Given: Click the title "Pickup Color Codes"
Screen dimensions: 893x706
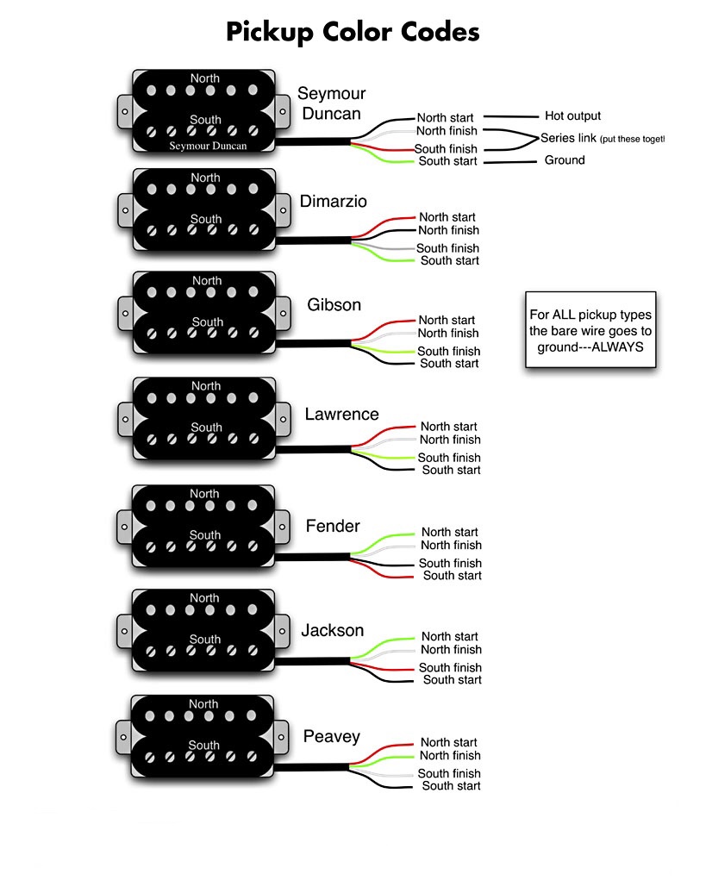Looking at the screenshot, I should click(x=353, y=32).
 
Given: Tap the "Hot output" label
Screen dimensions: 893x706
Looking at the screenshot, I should click(x=572, y=116).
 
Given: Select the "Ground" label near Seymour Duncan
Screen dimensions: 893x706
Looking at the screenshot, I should click(x=564, y=160).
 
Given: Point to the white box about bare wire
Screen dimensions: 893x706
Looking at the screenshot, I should click(x=590, y=330).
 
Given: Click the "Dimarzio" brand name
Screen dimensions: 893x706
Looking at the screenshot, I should click(x=334, y=202).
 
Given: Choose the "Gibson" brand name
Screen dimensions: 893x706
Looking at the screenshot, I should click(x=334, y=305).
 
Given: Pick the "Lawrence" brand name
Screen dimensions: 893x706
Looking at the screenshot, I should click(x=341, y=415).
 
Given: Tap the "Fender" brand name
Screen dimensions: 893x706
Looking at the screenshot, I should click(x=333, y=526).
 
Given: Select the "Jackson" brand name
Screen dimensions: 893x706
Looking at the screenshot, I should click(x=333, y=631).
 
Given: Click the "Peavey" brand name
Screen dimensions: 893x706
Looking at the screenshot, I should click(x=332, y=737).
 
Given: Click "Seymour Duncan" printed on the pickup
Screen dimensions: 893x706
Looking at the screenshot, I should click(x=208, y=147).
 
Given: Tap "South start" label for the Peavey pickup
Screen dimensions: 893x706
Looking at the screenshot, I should click(x=451, y=786).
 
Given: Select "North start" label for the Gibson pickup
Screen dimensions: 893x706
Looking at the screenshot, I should click(x=447, y=321).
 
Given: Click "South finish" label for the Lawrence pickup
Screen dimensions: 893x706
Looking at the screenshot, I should click(x=449, y=458).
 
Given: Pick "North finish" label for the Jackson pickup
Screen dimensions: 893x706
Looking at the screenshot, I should click(x=451, y=650).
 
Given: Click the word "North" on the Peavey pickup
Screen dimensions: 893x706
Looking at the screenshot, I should click(x=204, y=704).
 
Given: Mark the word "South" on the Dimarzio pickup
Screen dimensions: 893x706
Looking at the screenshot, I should click(x=206, y=219).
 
